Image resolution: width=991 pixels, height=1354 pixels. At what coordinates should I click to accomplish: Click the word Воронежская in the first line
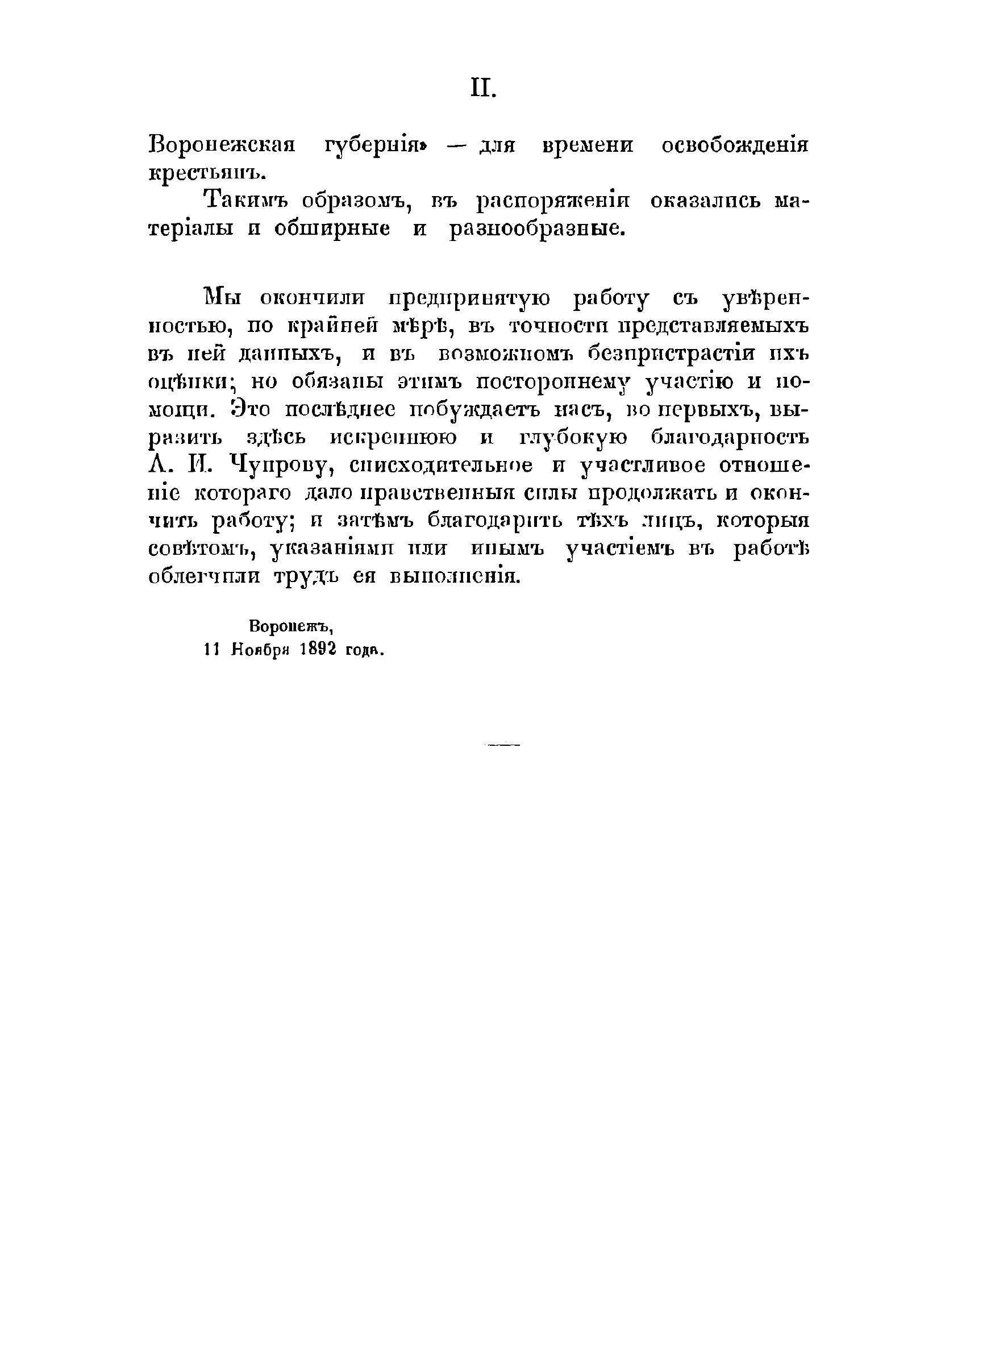coord(222,146)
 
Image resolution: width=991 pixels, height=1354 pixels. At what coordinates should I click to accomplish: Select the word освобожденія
coord(735,146)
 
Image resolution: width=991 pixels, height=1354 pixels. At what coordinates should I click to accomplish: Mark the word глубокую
coord(573,438)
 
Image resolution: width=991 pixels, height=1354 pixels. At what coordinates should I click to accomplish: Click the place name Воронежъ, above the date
coord(290,626)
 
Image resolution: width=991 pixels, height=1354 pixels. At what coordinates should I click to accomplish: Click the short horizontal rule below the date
coord(503,745)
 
